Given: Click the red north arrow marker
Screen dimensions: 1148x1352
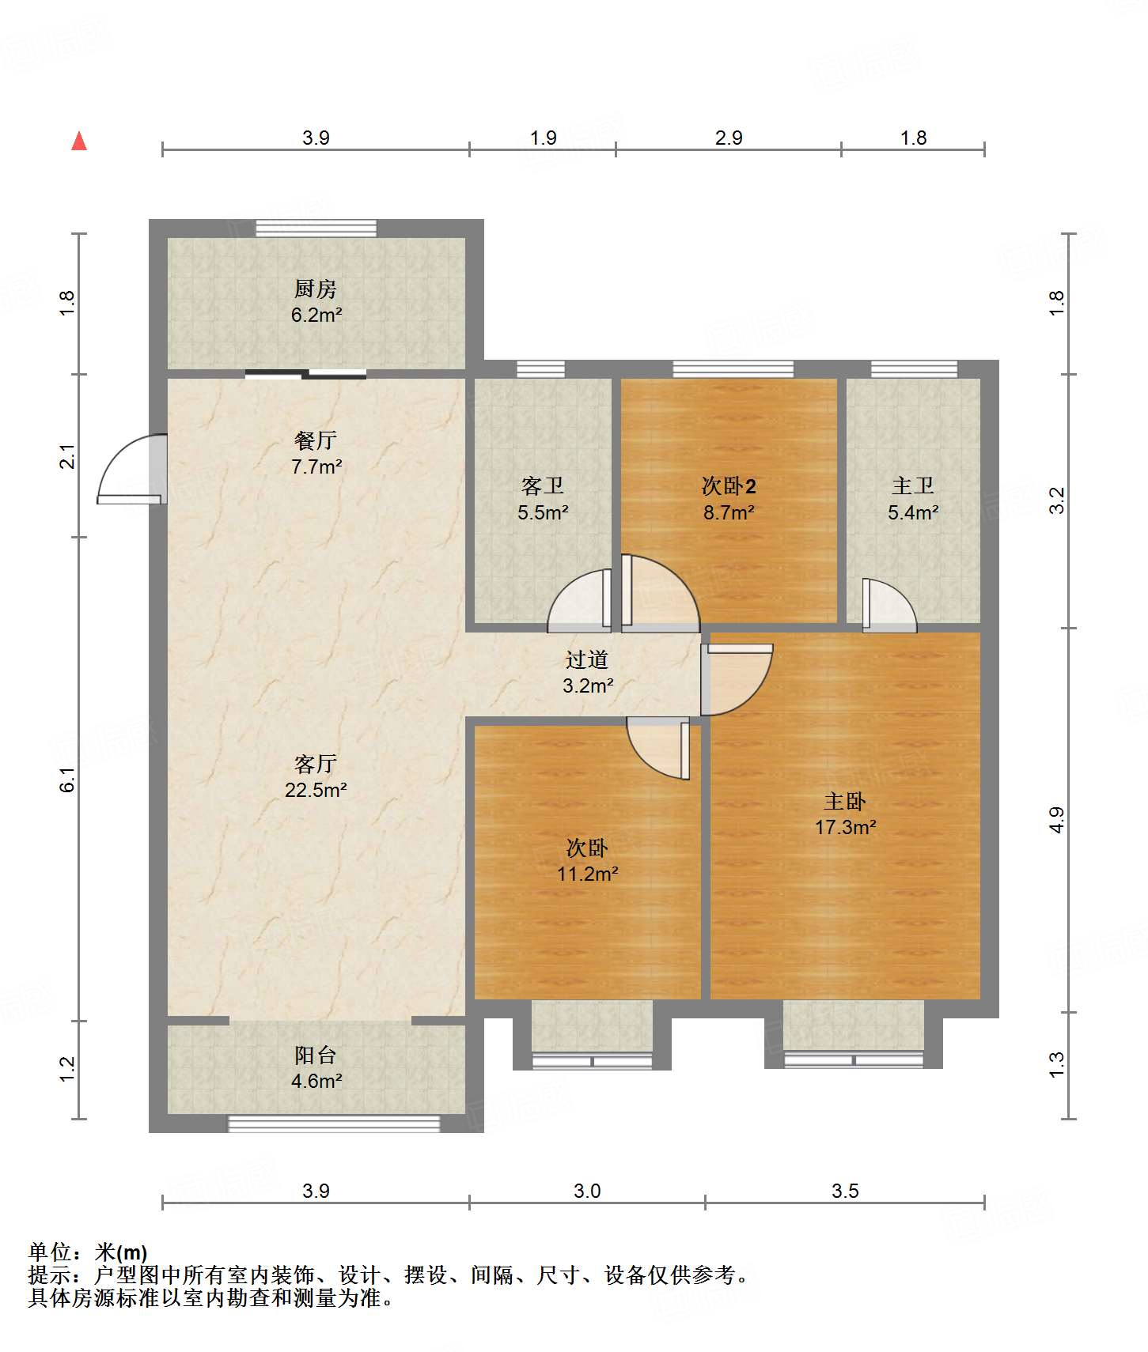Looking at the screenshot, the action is (x=79, y=141).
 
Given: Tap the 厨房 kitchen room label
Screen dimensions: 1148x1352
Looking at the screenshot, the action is (x=316, y=289).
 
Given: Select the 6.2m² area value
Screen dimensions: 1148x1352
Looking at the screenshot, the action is (x=316, y=315).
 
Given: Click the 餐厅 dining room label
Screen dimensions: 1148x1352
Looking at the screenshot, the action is (x=316, y=440).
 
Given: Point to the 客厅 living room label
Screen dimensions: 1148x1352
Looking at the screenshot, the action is (x=316, y=764).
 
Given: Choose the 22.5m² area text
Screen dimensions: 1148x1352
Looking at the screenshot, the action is (x=316, y=790).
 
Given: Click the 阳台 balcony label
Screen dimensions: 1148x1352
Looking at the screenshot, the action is (x=316, y=1055).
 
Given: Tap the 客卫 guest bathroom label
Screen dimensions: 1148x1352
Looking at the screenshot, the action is (x=543, y=485).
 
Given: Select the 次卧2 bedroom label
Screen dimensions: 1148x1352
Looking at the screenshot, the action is (x=729, y=485).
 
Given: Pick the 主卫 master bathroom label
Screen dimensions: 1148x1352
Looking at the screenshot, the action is (x=913, y=485).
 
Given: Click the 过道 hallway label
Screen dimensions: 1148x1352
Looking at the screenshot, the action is (x=587, y=659).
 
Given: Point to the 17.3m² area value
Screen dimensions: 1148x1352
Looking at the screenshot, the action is (x=846, y=827).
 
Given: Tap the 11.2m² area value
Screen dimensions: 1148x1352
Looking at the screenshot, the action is (x=588, y=874).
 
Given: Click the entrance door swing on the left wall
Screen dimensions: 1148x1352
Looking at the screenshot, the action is (x=131, y=469).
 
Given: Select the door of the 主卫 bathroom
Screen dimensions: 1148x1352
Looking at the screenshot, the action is (x=889, y=606).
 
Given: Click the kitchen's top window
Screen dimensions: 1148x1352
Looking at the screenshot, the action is (x=316, y=228).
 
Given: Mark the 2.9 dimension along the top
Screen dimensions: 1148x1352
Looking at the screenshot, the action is (x=729, y=138).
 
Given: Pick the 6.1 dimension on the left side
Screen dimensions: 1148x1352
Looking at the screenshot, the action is (x=68, y=780).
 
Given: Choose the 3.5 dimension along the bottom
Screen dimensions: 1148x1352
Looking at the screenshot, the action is (x=845, y=1191).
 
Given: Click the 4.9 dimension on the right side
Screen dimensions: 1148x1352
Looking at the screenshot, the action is (x=1057, y=820).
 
